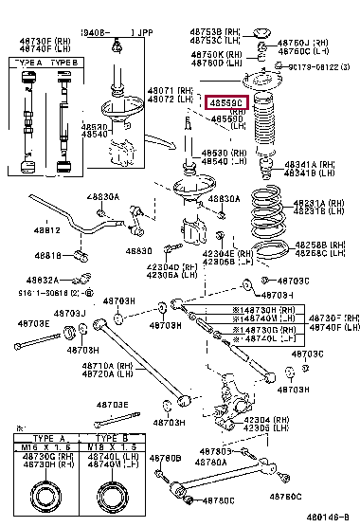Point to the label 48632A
click(x=43, y=281)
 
